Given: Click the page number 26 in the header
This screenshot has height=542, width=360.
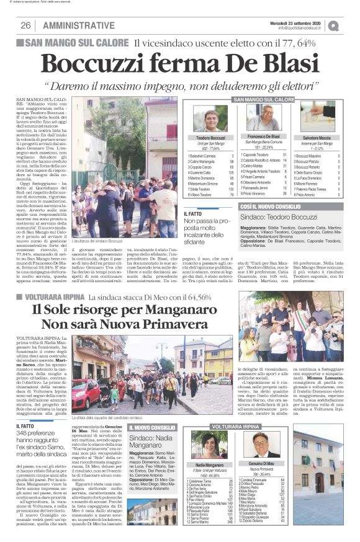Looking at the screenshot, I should (25, 25).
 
